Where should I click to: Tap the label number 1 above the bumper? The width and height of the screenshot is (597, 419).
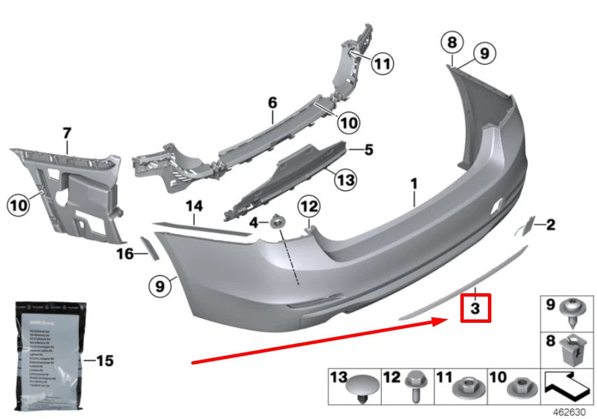click(x=415, y=183)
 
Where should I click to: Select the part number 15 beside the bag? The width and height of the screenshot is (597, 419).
click(x=104, y=361)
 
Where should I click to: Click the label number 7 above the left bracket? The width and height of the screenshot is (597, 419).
click(x=67, y=133)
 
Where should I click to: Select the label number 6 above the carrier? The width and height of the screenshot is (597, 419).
click(x=272, y=103)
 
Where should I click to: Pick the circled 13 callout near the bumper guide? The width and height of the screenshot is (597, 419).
click(x=345, y=180)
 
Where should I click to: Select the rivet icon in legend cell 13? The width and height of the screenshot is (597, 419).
click(x=363, y=387)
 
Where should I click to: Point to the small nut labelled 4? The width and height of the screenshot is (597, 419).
click(x=276, y=221)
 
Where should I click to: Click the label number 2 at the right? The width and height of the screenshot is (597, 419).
click(x=550, y=224)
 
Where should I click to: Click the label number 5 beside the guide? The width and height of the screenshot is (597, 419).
click(x=368, y=149)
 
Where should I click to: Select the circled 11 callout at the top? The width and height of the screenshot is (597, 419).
click(x=382, y=64)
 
